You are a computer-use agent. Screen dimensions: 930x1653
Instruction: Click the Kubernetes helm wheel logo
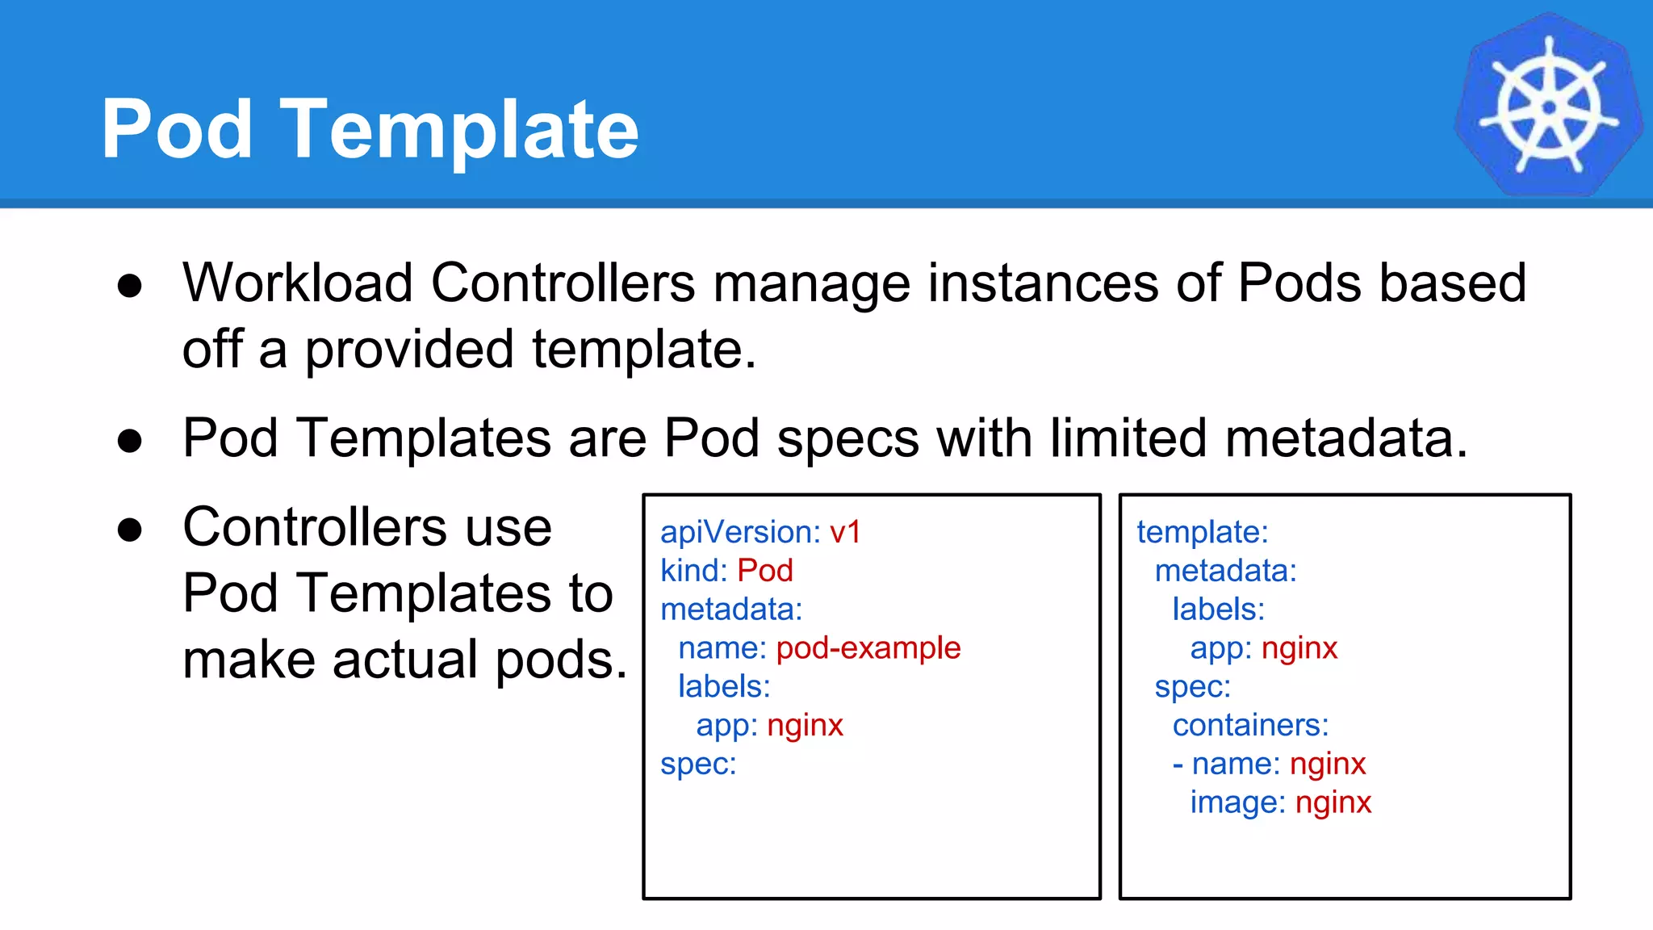[1548, 105]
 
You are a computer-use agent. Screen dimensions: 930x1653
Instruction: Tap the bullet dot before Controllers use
[130, 530]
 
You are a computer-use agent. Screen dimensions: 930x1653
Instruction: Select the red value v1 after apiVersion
[845, 532]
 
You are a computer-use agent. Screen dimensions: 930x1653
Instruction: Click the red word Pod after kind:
[765, 571]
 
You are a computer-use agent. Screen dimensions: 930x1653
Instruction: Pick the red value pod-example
[868, 648]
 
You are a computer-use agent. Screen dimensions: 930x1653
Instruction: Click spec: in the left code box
[698, 764]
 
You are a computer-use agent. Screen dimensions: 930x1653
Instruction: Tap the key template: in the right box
[1203, 532]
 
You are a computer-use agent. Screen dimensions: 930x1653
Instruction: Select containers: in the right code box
[1250, 725]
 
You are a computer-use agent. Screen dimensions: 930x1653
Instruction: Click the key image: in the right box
[1237, 802]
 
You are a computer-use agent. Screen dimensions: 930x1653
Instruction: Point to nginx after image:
[1333, 802]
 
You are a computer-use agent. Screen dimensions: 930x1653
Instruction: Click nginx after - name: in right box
[1328, 764]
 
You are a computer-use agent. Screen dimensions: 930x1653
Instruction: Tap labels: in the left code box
[724, 686]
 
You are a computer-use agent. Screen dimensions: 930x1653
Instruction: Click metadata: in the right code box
[1225, 571]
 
